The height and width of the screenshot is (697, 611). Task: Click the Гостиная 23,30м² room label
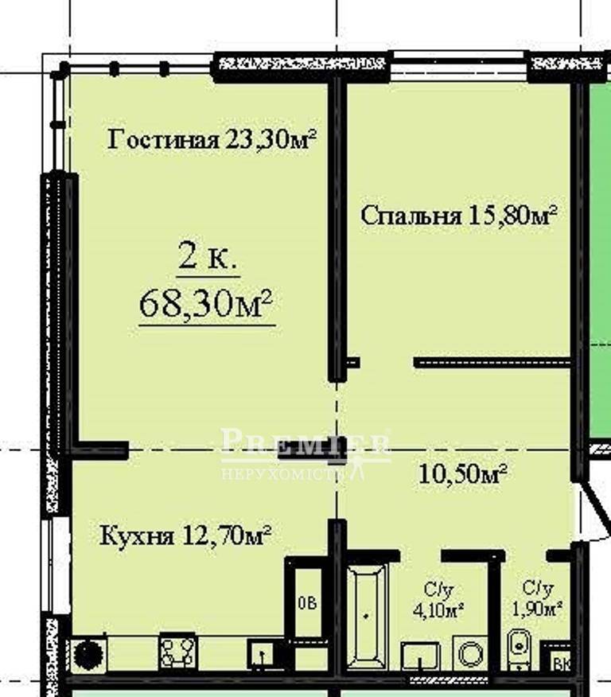[212, 140]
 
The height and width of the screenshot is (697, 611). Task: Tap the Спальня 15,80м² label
[458, 215]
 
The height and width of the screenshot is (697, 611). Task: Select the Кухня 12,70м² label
[185, 535]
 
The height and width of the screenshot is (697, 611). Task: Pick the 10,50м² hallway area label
[462, 475]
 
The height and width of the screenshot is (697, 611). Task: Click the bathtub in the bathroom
[367, 616]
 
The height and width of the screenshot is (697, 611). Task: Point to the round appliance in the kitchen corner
[88, 654]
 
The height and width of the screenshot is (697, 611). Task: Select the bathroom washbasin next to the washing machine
[421, 656]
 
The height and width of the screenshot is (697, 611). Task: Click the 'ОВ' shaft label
[306, 603]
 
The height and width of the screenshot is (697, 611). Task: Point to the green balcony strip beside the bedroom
[599, 263]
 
